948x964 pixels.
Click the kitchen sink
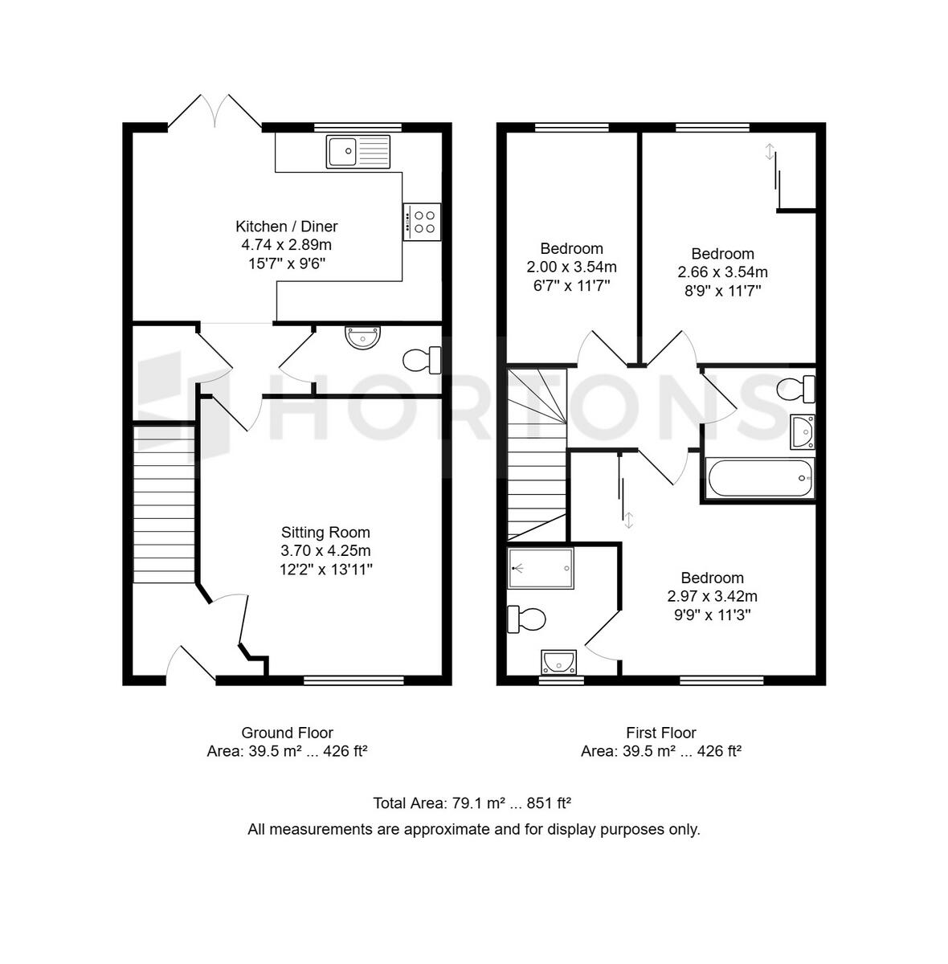click(x=358, y=152)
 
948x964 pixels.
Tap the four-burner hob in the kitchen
click(x=422, y=222)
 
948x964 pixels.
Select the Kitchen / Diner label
click(x=287, y=227)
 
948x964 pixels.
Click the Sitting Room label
click(x=325, y=533)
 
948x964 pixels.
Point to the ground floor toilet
click(x=422, y=360)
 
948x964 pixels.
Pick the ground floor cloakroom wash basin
click(x=363, y=337)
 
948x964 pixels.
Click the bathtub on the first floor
click(x=759, y=478)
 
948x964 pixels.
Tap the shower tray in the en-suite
click(x=541, y=568)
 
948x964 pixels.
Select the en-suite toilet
click(x=526, y=619)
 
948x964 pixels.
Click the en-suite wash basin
click(x=558, y=662)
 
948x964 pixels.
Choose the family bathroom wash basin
click(x=803, y=431)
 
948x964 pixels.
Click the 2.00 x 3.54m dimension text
click(x=571, y=268)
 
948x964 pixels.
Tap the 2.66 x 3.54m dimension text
click(x=722, y=272)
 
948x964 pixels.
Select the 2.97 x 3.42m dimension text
click(x=712, y=596)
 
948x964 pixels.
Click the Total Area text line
click(x=472, y=803)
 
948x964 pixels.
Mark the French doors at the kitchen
click(x=215, y=111)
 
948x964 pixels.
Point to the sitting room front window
click(x=353, y=680)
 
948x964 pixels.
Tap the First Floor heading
click(x=660, y=733)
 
